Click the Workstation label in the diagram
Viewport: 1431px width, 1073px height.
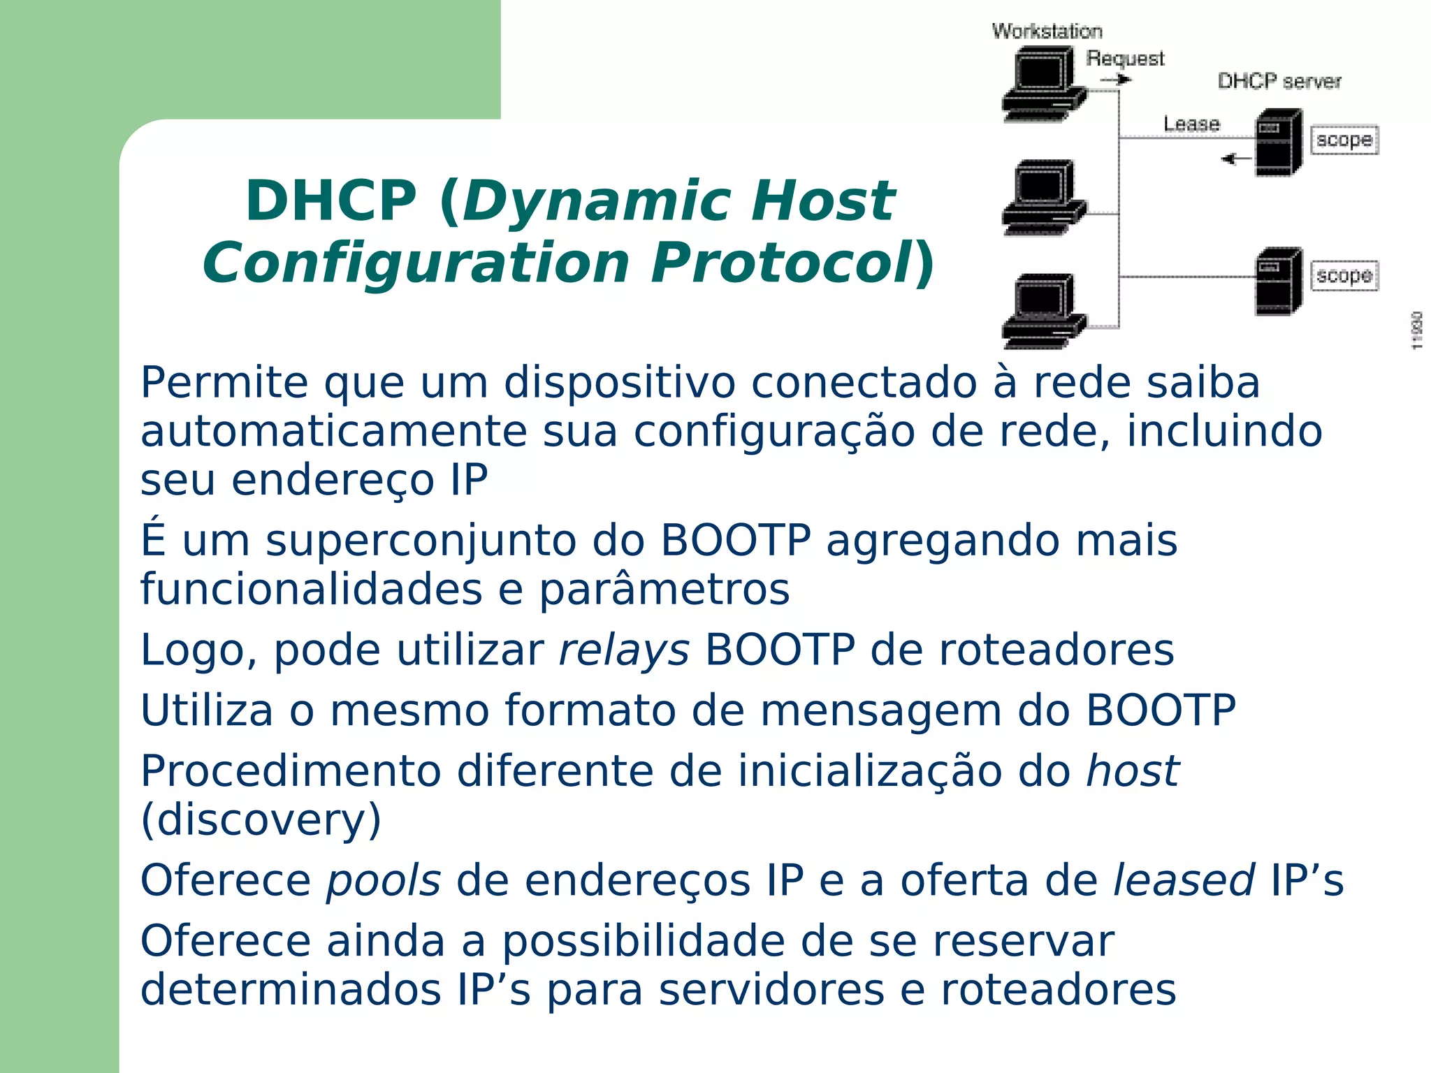1047,31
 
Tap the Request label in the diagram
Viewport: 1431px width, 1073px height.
1125,59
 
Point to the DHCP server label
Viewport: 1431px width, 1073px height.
1279,82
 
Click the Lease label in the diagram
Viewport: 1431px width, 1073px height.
1191,124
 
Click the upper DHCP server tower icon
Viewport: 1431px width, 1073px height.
1279,143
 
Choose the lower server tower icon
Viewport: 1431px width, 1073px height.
1279,281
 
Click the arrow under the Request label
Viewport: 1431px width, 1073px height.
1116,80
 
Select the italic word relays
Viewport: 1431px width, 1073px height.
624,650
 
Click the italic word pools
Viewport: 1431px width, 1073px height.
384,880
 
